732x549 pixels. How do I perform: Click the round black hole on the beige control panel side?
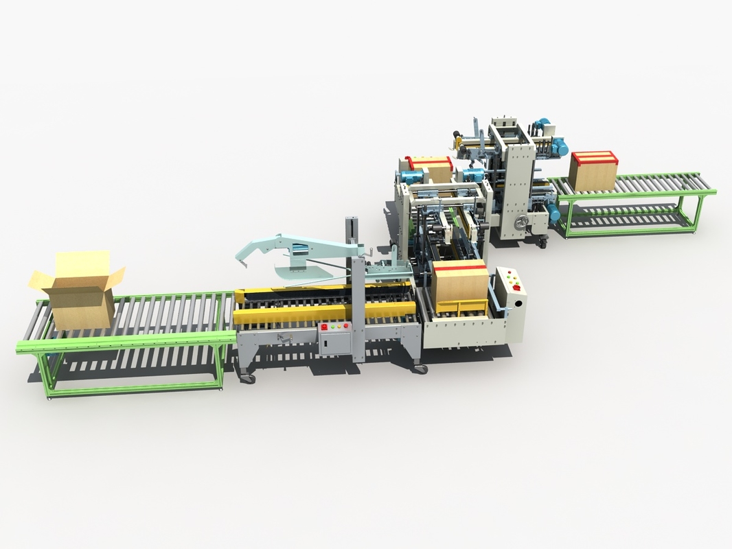pyautogui.click(x=517, y=302)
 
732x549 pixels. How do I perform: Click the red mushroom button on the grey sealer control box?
pyautogui.click(x=324, y=328)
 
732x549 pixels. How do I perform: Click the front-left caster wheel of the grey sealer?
pyautogui.click(x=247, y=378)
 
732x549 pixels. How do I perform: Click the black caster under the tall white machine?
pyautogui.click(x=542, y=242)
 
